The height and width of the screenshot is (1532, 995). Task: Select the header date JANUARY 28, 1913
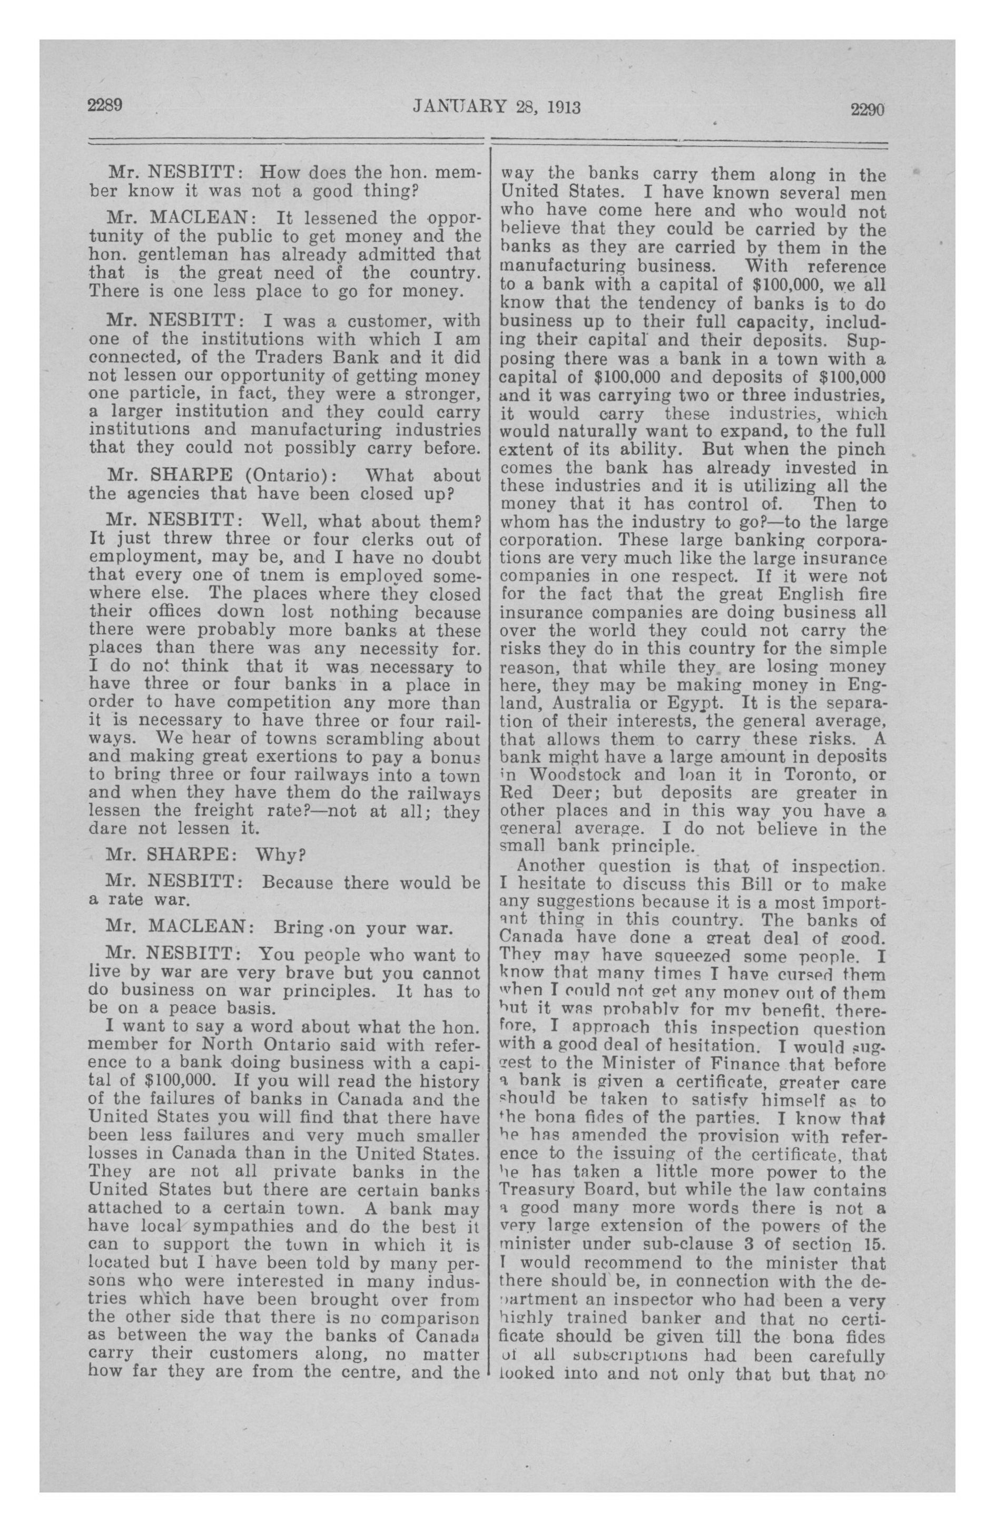(x=496, y=107)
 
